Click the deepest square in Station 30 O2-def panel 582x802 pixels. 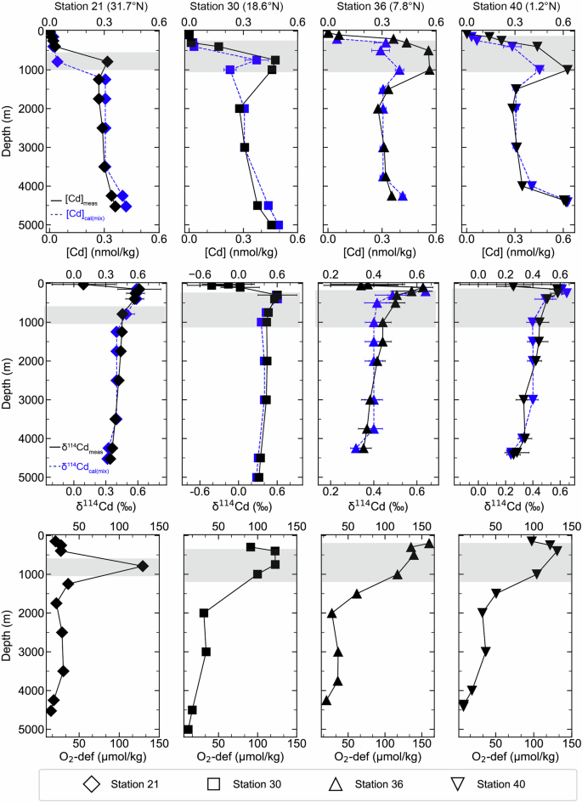point(188,730)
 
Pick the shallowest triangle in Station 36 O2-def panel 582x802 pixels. point(429,543)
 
